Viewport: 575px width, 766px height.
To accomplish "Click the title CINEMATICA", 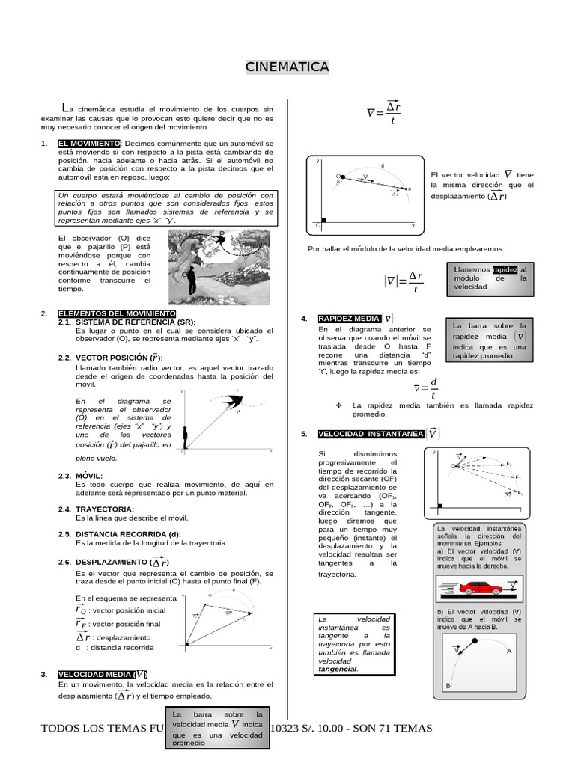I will [x=287, y=68].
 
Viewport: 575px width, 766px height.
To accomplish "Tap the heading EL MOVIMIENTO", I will [x=88, y=143].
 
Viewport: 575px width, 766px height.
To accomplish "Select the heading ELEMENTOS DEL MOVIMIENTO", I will [x=117, y=313].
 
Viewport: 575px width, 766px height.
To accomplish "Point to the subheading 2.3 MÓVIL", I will [x=89, y=475].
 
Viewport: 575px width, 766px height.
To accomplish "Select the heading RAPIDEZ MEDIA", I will [x=349, y=318].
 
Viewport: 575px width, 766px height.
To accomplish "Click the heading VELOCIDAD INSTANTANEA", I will [x=371, y=434].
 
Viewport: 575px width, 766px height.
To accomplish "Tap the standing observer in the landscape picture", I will [x=192, y=280].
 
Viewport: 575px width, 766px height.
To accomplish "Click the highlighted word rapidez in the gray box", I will [x=505, y=269].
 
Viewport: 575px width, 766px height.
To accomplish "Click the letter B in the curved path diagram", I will [x=448, y=685].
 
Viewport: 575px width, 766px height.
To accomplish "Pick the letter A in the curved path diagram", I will [x=509, y=651].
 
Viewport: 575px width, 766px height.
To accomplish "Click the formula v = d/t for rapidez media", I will [x=424, y=389].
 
